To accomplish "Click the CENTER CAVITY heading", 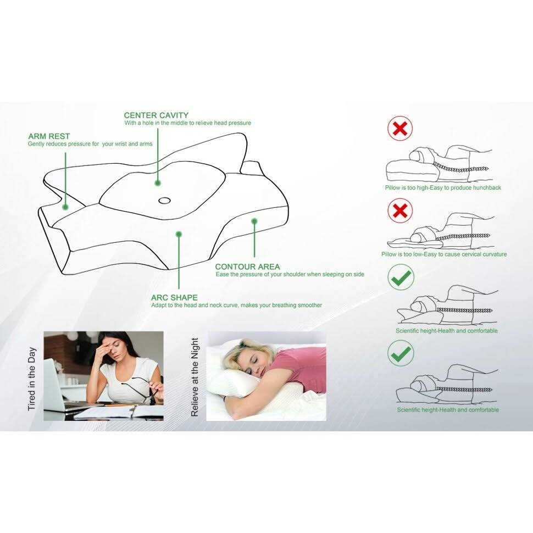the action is click(156, 115).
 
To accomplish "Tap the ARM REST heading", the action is click(49, 136).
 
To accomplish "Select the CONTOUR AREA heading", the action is click(247, 267).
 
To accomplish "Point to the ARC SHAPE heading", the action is click(174, 298).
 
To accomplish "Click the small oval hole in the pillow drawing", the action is click(164, 200).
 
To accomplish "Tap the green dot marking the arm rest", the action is click(65, 207).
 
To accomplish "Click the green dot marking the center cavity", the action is click(158, 183).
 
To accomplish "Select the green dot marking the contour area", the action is click(254, 221).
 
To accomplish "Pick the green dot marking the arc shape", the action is click(179, 234).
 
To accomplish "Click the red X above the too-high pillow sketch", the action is click(400, 129).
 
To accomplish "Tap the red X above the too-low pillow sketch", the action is click(400, 211).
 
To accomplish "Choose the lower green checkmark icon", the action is click(401, 353).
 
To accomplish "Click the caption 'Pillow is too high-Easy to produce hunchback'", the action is click(443, 187).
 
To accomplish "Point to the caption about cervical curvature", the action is click(444, 254).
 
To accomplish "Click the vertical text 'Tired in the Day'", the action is click(32, 379).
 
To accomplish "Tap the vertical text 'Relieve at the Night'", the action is click(195, 377).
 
